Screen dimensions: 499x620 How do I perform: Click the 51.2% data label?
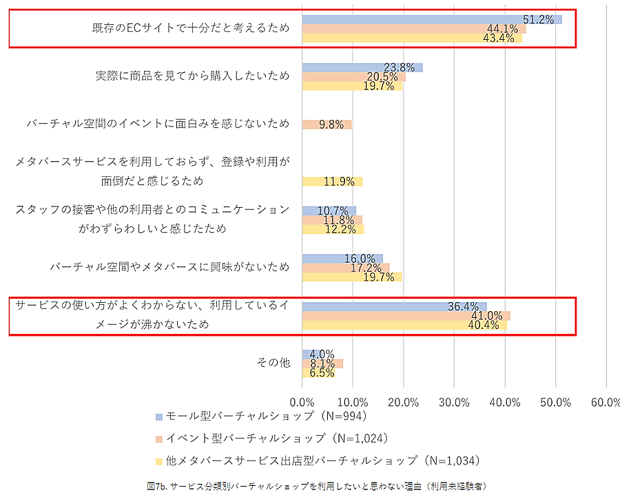click(538, 19)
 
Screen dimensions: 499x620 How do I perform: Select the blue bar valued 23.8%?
click(362, 67)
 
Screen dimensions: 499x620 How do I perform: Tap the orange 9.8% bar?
click(327, 125)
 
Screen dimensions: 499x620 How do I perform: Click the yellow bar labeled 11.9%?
click(332, 182)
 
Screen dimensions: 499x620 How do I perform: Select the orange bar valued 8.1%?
click(322, 363)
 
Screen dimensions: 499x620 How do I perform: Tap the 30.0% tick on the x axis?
click(454, 402)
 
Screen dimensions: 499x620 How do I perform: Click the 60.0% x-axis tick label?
click(606, 402)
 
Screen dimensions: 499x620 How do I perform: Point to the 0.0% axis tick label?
click(302, 402)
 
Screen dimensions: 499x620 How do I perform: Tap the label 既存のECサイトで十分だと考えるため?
click(191, 28)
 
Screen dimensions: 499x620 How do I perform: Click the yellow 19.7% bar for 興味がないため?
click(351, 277)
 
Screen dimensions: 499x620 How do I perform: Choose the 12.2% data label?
click(340, 229)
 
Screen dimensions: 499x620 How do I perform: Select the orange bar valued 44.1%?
click(413, 29)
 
